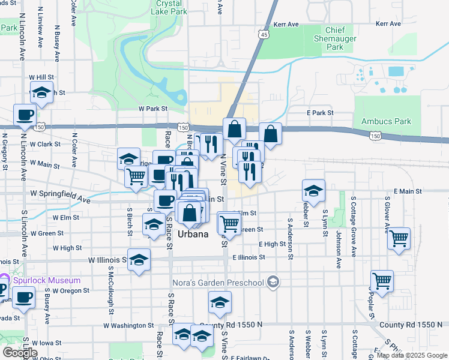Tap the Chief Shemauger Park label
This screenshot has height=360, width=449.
point(343,38)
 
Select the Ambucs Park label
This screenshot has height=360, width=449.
point(386,121)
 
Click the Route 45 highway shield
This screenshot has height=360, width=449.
point(265,36)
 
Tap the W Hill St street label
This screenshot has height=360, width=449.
point(41,78)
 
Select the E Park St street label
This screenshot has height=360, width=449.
point(319,113)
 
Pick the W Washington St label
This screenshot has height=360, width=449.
point(128,325)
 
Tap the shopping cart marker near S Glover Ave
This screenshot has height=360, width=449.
point(399,238)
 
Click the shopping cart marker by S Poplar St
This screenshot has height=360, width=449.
point(382,280)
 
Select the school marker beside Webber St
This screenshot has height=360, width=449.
point(313,190)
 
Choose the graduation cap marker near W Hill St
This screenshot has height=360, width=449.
point(41,92)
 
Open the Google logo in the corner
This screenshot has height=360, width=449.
point(19,352)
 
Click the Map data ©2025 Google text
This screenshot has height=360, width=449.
point(412,355)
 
